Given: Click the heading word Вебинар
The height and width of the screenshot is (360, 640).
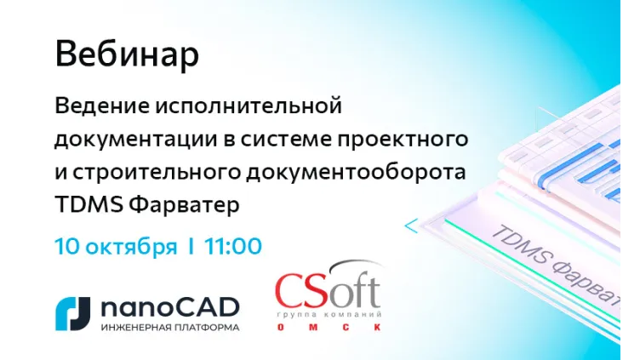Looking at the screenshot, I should (127, 55).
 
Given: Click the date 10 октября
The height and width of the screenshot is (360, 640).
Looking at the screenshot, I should (116, 248).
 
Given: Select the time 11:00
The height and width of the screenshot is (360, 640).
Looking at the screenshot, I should (232, 248).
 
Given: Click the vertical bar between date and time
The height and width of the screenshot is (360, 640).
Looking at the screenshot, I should (191, 248).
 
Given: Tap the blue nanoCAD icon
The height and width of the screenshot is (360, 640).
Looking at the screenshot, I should (72, 312).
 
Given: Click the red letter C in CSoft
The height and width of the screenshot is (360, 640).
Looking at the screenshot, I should (291, 291).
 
